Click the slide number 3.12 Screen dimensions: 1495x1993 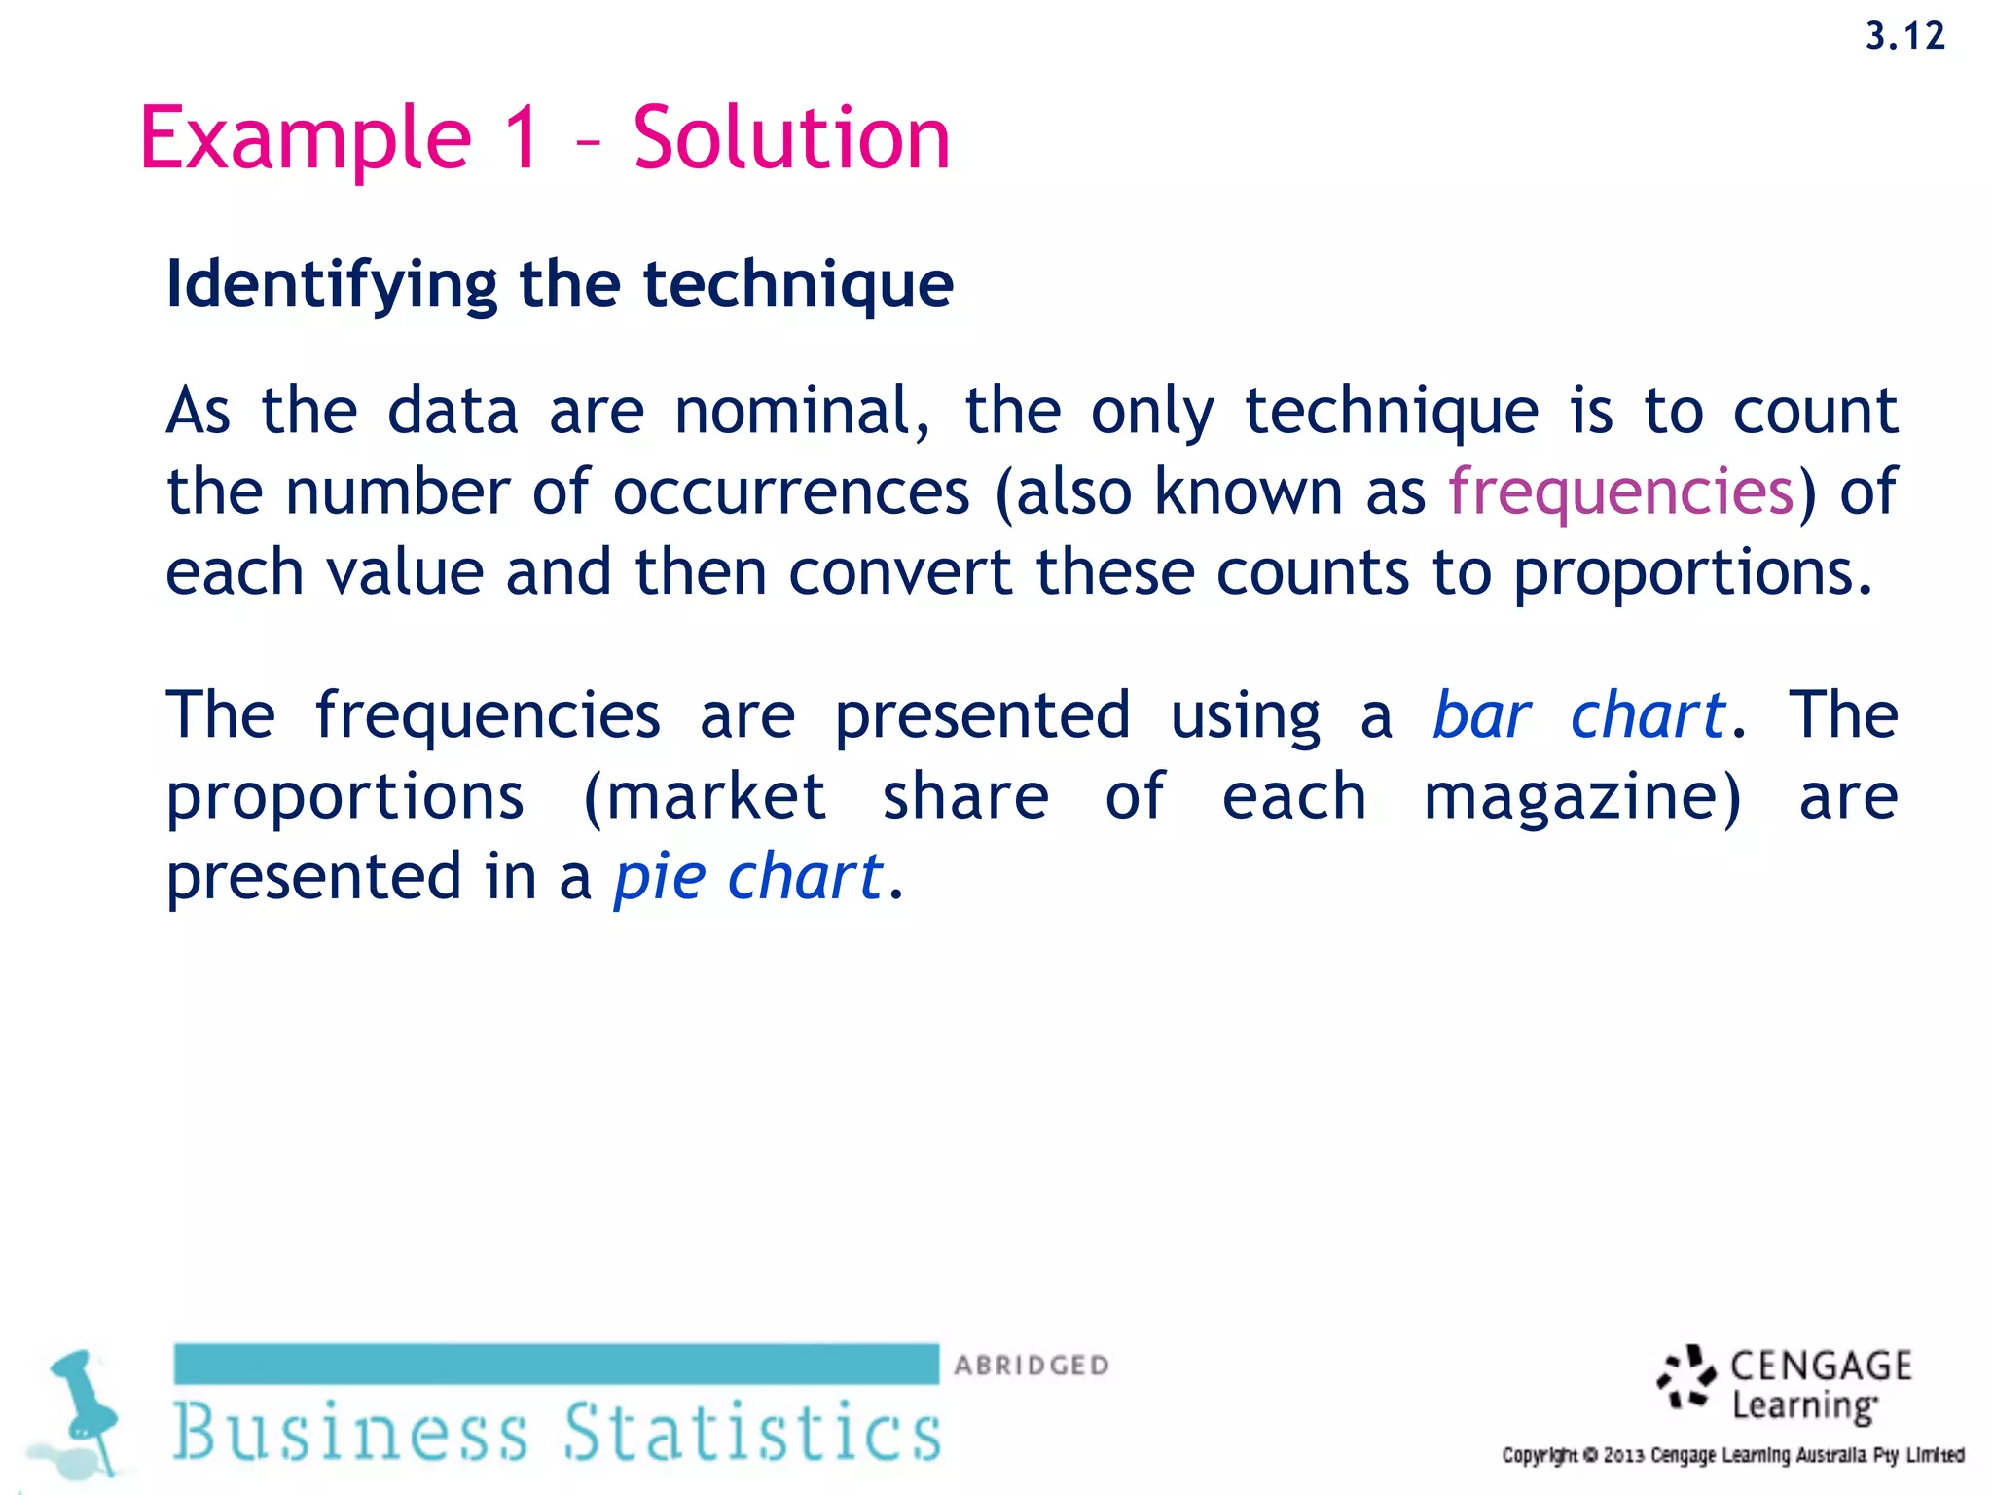1904,37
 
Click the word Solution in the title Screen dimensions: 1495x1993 791,138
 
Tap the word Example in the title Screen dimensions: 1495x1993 306,138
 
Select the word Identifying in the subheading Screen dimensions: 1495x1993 332,284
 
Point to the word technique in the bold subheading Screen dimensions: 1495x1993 798,284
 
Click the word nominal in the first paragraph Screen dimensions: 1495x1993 801,411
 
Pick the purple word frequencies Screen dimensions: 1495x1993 1620,492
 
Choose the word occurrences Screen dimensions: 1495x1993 791,492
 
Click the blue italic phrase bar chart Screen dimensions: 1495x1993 1578,715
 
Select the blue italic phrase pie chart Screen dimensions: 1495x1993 747,877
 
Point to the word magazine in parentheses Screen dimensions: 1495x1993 1581,797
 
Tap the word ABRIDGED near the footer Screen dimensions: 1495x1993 1032,1366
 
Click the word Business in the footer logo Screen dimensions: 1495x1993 350,1432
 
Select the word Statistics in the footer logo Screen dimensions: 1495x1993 752,1432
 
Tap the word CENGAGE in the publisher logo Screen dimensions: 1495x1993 1821,1367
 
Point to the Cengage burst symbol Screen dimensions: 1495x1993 1686,1378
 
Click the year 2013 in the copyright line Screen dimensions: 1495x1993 1623,1456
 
